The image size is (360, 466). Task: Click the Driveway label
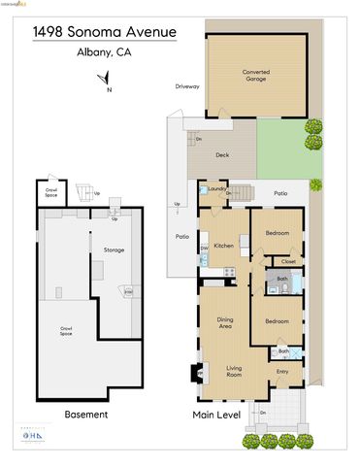[187, 86]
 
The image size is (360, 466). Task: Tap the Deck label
[222, 154]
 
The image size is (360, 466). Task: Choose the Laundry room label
[216, 188]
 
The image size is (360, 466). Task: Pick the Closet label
[288, 261]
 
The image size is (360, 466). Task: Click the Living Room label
[228, 369]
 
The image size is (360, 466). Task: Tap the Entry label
[282, 371]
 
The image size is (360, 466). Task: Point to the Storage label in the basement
[115, 250]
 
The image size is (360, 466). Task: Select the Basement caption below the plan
[86, 415]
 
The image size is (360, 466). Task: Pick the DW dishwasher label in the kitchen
[204, 249]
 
